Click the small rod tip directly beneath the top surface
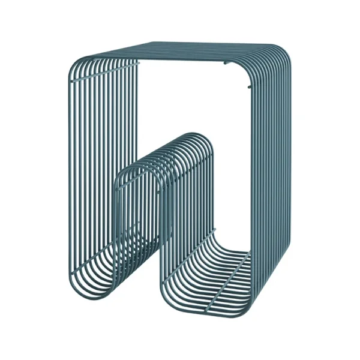pyautogui.click(x=227, y=62)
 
